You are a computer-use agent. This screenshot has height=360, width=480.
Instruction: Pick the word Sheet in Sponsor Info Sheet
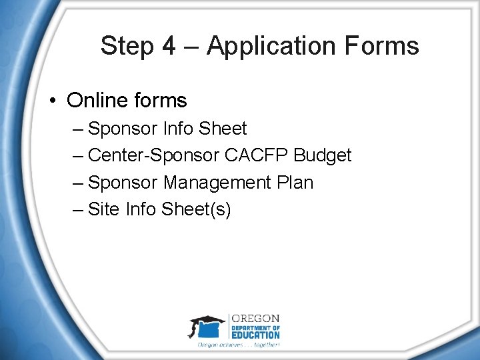[223, 129]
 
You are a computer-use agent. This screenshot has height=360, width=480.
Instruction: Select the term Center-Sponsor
[153, 155]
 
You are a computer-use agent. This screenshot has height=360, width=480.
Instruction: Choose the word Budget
[323, 155]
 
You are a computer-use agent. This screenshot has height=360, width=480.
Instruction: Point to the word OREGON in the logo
[256, 319]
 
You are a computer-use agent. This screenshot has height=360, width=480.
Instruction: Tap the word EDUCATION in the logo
[256, 335]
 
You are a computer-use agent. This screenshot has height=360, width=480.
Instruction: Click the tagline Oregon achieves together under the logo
[239, 345]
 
